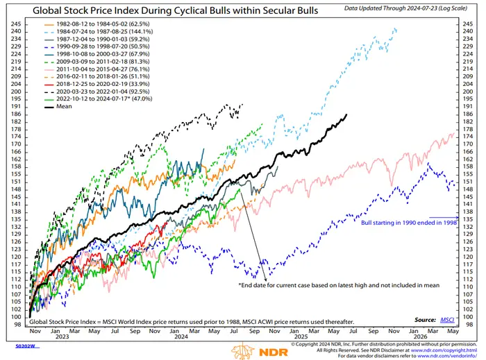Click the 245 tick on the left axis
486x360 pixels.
(13, 23)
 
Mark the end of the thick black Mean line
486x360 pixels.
(346, 114)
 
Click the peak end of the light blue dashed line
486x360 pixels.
(396, 29)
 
